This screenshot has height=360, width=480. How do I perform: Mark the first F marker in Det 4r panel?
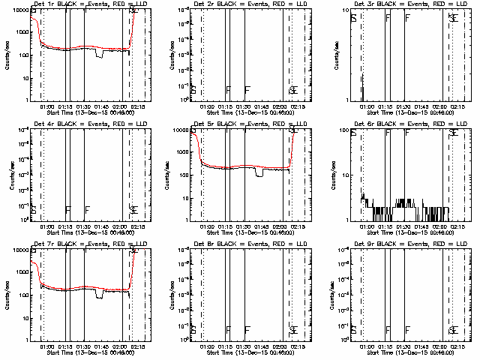point(68,209)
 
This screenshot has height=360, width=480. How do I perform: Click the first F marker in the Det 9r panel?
point(388,329)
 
